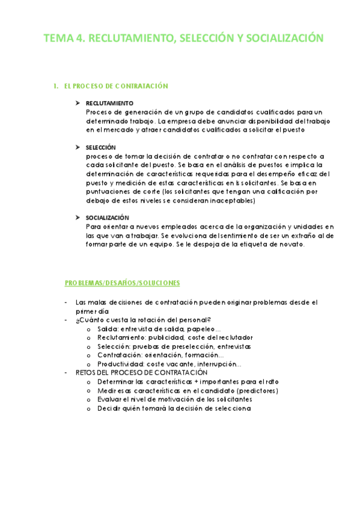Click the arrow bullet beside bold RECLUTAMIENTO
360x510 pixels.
tap(78, 103)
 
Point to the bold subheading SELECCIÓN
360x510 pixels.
tap(100, 147)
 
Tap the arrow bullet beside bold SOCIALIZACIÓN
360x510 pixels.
tap(78, 217)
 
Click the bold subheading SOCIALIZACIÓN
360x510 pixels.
tap(107, 217)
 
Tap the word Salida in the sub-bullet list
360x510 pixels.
tap(108, 329)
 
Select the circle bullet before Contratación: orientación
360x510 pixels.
tap(89, 355)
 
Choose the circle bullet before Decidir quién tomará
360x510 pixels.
tap(89, 408)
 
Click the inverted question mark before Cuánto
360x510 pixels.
tap(78, 320)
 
